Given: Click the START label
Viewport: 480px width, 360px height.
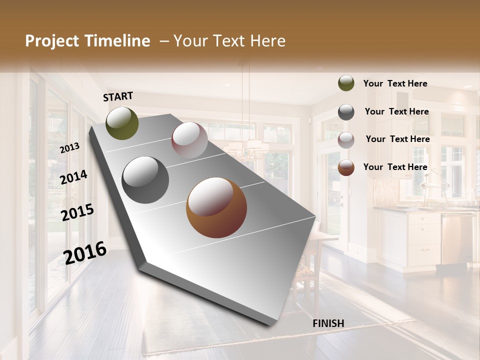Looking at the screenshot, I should tap(118, 96).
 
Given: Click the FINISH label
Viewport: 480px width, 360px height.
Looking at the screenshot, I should tap(328, 323).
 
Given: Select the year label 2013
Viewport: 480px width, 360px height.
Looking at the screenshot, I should tap(69, 148).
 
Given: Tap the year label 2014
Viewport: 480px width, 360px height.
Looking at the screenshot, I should tap(73, 177).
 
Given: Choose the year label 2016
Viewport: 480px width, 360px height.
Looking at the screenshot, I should tap(85, 253).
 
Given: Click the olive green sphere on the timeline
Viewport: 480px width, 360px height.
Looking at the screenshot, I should tap(122, 123).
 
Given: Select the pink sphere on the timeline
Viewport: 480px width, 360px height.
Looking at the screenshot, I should tap(189, 140).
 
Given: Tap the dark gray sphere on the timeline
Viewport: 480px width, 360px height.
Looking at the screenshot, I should tap(145, 180).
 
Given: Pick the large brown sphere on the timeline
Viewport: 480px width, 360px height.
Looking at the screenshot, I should tap(216, 207).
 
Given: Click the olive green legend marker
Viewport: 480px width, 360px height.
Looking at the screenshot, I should tap(346, 83).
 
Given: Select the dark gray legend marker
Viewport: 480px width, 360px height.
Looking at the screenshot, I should tap(346, 112).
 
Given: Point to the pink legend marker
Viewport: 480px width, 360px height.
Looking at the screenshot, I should tap(346, 140).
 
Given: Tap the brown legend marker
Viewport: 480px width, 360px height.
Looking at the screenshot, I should tap(346, 167).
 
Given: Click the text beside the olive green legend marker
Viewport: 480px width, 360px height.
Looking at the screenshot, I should tap(395, 83).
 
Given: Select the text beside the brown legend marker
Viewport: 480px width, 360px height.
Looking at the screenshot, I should tap(395, 167).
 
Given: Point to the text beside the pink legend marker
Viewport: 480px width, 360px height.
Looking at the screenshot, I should tap(397, 139).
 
